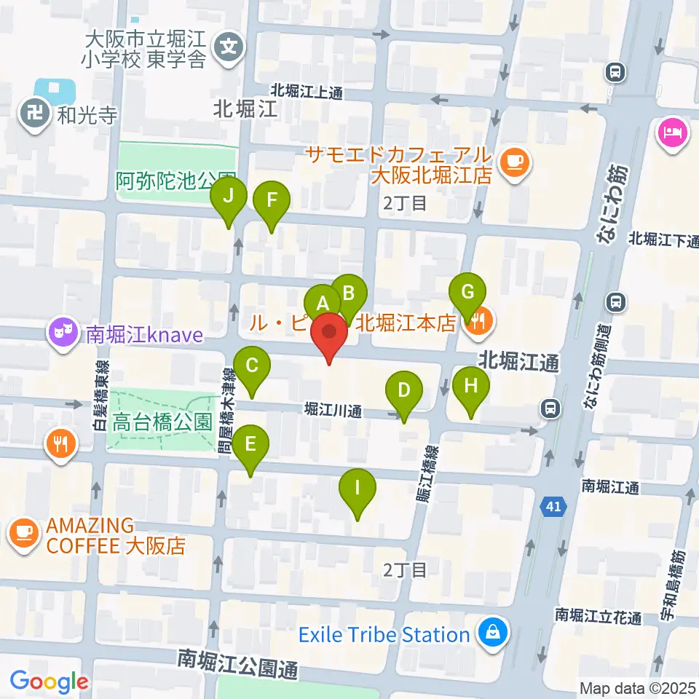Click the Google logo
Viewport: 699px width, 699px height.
(49, 682)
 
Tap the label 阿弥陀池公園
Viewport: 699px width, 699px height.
(175, 181)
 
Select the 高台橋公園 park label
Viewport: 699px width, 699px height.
(162, 422)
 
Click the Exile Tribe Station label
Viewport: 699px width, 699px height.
(384, 634)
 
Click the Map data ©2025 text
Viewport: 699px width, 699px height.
(638, 687)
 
